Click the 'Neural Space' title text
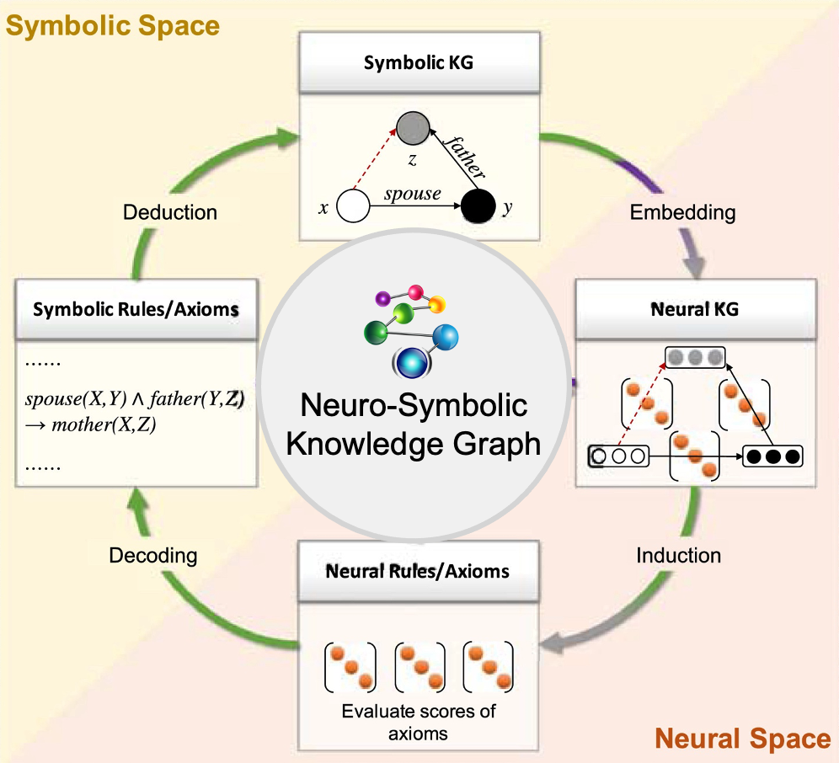[x=742, y=739]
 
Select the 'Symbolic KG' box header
[x=419, y=63]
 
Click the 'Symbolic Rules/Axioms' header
[x=136, y=310]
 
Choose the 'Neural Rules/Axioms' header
[x=418, y=571]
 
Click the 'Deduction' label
[x=170, y=212]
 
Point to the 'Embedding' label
[x=682, y=212]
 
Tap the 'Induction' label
[x=679, y=556]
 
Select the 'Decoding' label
[x=153, y=556]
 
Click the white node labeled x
[x=353, y=207]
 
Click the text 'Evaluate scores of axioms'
[x=418, y=722]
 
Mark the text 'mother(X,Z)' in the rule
[x=104, y=424]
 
